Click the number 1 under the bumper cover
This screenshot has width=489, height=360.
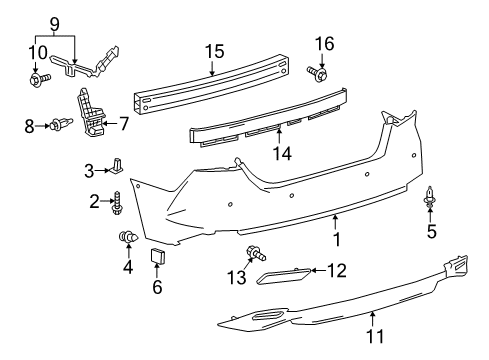tap(336, 240)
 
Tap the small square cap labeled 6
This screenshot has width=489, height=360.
tap(157, 259)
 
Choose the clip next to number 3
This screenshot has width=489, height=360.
tap(118, 165)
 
